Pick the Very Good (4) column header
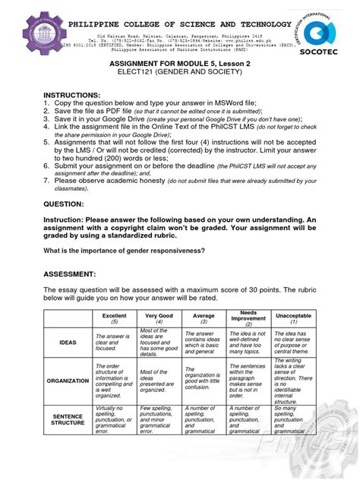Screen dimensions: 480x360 pos(160,317)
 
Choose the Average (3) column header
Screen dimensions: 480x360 pos(204,317)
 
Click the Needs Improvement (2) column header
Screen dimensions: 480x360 pos(248,316)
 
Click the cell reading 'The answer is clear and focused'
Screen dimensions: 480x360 pos(115,343)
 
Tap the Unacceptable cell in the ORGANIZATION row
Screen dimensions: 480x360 pos(293,381)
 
